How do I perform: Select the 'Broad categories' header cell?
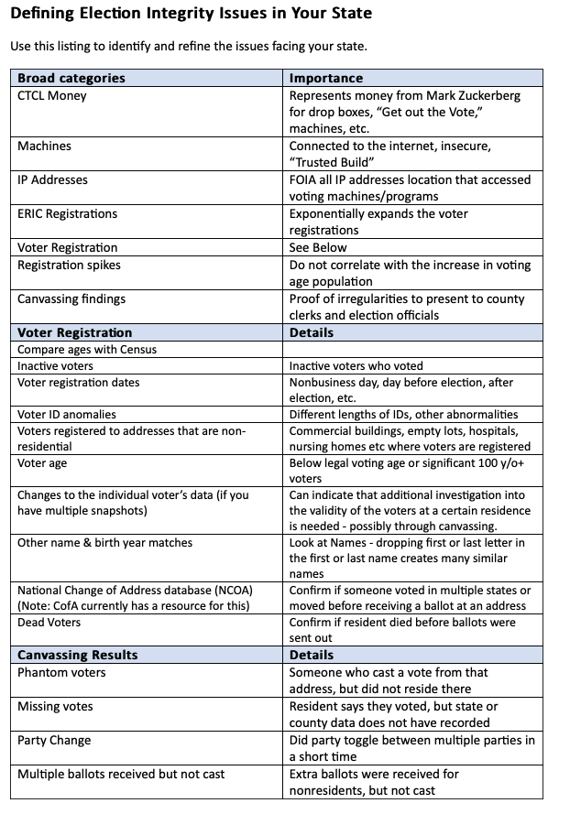[71, 78]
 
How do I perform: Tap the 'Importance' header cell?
[325, 78]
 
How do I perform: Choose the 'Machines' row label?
[44, 146]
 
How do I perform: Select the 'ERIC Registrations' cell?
[68, 213]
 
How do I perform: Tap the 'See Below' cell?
[318, 247]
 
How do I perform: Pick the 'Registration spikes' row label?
[69, 265]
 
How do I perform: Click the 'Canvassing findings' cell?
[71, 298]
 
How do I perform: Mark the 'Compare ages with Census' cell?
[87, 349]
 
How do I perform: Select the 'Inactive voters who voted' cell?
[356, 365]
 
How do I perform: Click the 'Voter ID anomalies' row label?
[67, 414]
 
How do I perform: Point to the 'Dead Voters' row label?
[49, 622]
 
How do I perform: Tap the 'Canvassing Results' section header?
[77, 655]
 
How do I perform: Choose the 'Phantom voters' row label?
[61, 672]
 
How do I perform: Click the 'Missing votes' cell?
[55, 706]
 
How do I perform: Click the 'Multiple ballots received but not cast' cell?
[121, 774]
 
